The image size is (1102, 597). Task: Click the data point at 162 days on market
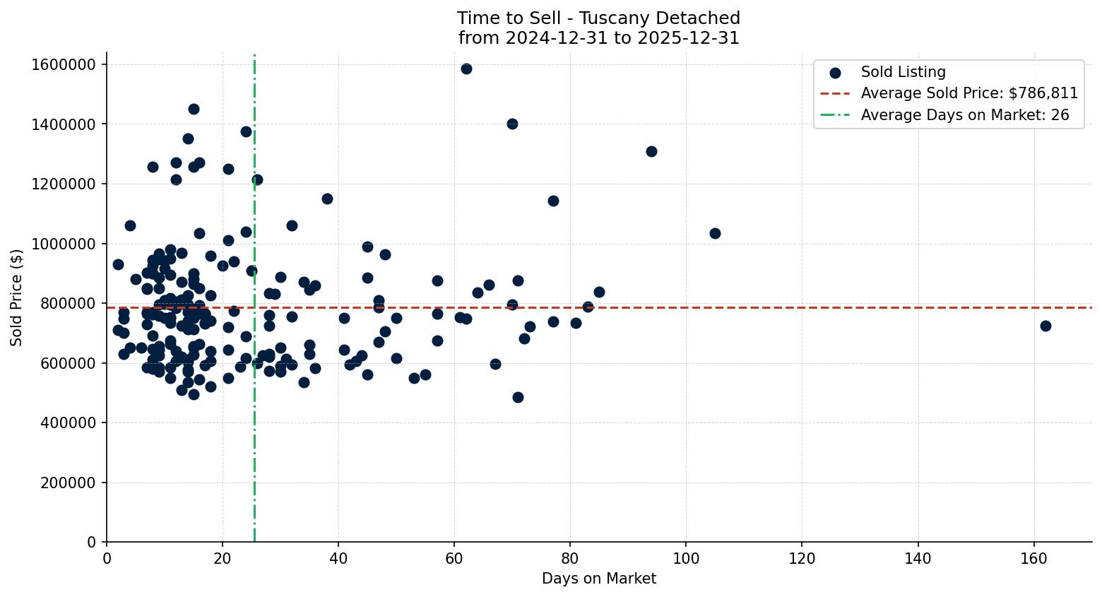point(1045,326)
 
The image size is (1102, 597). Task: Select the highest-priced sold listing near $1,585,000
point(466,69)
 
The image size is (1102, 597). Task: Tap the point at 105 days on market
point(715,233)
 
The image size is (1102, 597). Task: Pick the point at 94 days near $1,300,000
point(651,151)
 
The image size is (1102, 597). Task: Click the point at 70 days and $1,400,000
point(512,124)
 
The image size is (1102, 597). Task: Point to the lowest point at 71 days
point(518,397)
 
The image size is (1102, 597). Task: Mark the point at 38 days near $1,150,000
point(327,199)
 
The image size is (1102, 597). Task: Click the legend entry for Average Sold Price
point(968,93)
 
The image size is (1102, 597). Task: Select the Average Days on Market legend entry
point(964,115)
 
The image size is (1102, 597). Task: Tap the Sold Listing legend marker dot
point(835,73)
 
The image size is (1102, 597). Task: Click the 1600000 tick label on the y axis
point(64,64)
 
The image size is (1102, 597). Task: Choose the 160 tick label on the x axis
point(1033,557)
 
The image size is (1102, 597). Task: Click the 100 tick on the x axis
point(686,557)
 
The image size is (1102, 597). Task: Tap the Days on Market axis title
point(598,579)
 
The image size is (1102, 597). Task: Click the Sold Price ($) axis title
point(17,297)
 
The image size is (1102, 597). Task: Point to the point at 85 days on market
point(599,292)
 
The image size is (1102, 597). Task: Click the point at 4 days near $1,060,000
point(130,225)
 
